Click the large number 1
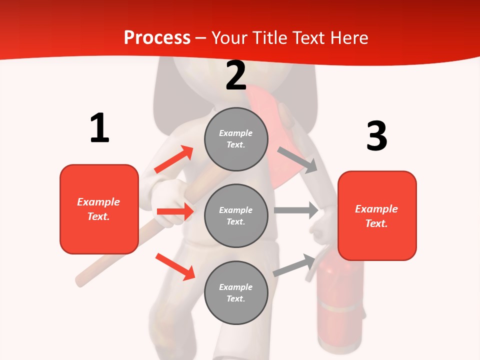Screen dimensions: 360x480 99,128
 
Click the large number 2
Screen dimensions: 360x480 236,75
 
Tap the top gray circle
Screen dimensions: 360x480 236,138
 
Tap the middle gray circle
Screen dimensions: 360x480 236,215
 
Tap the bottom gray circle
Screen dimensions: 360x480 236,292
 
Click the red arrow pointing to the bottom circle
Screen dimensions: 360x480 175,266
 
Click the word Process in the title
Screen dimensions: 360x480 157,37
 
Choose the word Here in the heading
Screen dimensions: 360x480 347,37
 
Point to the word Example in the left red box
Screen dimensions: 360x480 98,202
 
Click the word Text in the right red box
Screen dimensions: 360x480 375,223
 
